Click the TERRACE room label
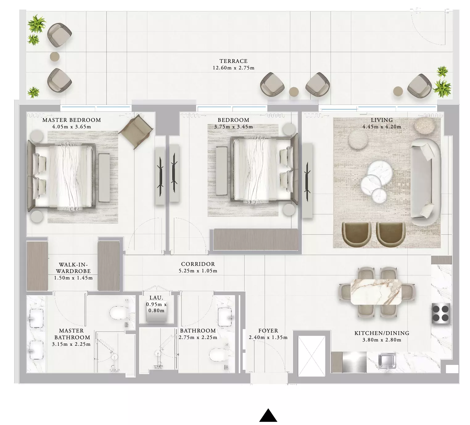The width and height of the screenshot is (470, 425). [233, 61]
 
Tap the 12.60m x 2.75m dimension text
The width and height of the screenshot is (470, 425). [233, 68]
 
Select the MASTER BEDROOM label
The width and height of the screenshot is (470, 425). [72, 120]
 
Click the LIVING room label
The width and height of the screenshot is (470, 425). [382, 120]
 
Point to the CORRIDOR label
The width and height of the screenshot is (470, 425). [198, 264]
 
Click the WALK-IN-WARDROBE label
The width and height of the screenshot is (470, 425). [73, 268]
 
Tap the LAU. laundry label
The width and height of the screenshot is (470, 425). [156, 298]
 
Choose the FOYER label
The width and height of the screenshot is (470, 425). [268, 331]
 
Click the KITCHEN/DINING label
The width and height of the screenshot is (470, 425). [382, 333]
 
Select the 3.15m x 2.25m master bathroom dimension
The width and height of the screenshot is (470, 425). [71, 344]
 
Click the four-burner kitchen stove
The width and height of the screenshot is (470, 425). [440, 313]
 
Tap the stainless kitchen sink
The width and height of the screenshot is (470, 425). [387, 361]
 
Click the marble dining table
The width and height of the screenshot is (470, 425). [376, 292]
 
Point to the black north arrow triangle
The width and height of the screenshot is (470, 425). [268, 415]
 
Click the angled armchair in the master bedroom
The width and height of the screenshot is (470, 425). [136, 132]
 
